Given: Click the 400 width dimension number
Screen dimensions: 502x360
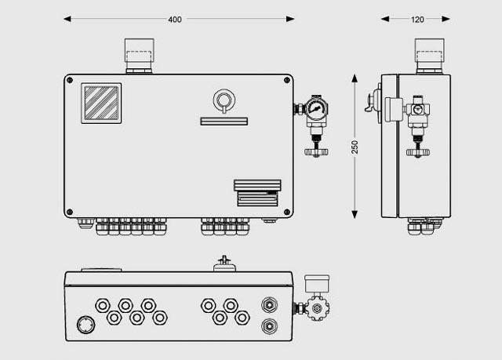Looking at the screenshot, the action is (x=175, y=20).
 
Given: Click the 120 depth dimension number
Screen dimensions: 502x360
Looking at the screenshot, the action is (x=417, y=20).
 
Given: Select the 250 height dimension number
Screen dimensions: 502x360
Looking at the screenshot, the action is (x=355, y=147).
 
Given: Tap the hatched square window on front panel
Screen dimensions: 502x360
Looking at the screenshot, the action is (x=101, y=103).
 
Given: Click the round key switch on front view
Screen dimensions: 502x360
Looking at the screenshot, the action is (x=224, y=100).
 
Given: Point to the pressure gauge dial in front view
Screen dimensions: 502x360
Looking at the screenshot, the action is (x=315, y=108).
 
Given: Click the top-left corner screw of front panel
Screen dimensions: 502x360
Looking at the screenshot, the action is (x=70, y=80).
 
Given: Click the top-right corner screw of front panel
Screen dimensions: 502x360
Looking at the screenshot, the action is (x=287, y=80).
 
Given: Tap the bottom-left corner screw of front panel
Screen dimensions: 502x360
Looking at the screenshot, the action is (x=70, y=212).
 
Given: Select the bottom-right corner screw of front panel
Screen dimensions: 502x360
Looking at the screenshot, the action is (x=287, y=212).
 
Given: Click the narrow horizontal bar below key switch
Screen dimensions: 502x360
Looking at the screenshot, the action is (x=224, y=122).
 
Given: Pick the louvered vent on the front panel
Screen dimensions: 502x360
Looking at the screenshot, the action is (x=257, y=193).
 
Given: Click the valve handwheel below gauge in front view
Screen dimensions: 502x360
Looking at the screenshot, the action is (x=316, y=151).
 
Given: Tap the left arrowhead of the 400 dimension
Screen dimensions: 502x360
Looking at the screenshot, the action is (x=67, y=19).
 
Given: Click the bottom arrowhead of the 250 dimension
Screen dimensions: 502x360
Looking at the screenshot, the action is (x=355, y=214).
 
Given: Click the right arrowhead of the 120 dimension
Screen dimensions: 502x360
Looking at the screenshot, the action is (x=446, y=19).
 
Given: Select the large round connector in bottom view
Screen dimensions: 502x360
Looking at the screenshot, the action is (x=86, y=325).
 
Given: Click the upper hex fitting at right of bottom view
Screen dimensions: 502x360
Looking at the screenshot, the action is (x=270, y=304).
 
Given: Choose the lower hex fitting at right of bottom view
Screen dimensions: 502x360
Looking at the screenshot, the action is (x=270, y=326).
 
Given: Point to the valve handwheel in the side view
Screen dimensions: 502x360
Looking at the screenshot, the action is (x=418, y=152).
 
